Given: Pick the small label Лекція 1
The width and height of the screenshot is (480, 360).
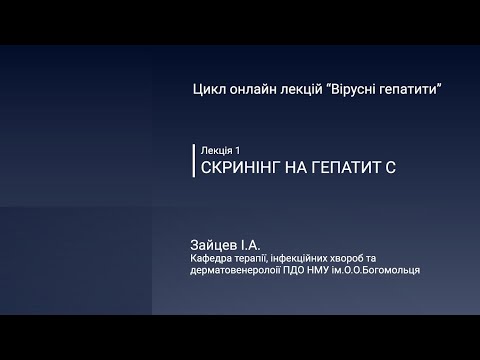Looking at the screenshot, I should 222,148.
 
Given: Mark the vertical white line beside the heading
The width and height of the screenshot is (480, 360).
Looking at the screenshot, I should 193,160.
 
